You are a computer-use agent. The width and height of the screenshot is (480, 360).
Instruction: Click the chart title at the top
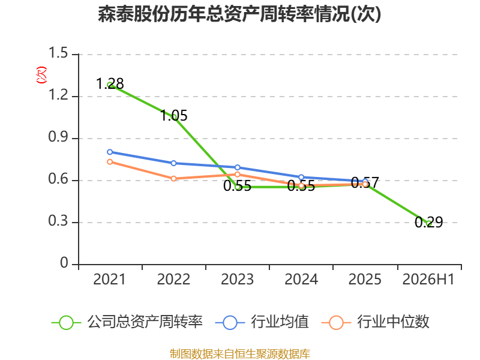tap(239, 14)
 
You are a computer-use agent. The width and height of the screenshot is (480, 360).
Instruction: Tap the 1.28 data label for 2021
tap(110, 83)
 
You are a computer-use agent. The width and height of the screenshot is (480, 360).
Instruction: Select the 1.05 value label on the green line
tap(174, 116)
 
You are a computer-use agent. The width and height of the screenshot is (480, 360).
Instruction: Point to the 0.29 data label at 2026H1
tap(429, 222)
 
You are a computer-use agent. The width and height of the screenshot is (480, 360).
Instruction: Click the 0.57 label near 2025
tap(365, 183)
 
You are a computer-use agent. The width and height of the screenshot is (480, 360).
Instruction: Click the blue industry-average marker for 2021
tap(110, 152)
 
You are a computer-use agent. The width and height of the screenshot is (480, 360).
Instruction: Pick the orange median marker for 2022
tap(173, 178)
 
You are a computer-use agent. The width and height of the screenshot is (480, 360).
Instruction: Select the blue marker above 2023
tap(238, 167)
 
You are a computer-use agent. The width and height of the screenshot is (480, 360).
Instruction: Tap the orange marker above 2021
tap(110, 161)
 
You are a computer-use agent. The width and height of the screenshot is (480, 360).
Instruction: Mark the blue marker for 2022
tap(173, 163)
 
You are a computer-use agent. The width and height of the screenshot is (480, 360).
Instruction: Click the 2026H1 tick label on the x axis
tap(428, 280)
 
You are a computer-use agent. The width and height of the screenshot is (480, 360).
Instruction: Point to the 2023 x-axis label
tap(237, 280)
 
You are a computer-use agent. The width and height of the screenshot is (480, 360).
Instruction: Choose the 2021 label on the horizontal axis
tap(109, 280)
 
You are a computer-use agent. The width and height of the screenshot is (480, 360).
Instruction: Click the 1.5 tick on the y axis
tap(58, 53)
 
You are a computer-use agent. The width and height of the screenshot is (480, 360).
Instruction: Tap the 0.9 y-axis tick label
tap(58, 137)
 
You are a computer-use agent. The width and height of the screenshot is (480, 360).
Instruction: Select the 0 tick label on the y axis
tap(64, 263)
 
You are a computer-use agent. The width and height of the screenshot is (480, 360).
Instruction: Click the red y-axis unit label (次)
tap(41, 75)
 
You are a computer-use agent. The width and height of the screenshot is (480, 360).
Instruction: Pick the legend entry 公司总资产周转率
tap(127, 322)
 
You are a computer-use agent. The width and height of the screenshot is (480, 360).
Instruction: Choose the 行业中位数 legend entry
tap(376, 322)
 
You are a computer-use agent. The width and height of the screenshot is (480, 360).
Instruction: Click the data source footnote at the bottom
tap(240, 354)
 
